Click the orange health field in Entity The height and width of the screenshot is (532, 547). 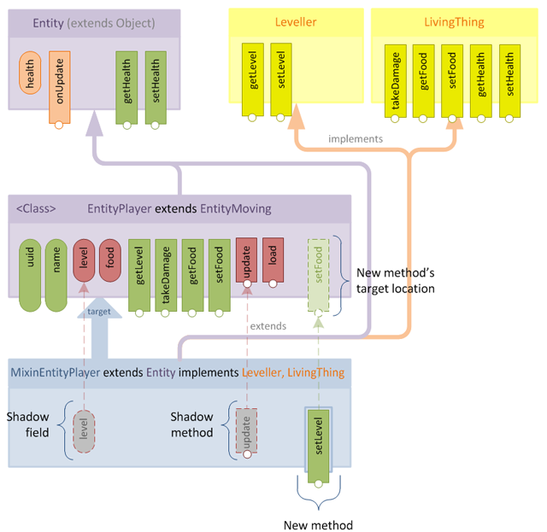pos(31,76)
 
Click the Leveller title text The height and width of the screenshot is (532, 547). pos(295,21)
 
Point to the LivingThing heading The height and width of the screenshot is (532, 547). pos(453,21)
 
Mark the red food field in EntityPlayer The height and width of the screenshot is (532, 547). pos(110,258)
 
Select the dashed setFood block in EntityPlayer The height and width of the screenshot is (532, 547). pos(319,270)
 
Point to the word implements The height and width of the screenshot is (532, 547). pos(356,138)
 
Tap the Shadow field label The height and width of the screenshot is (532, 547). pos(27,424)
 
